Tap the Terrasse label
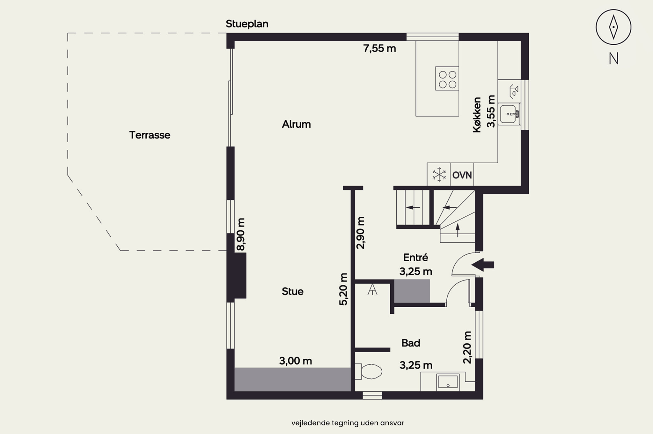[150, 135]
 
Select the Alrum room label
[296, 124]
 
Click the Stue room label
[292, 291]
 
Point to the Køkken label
[477, 115]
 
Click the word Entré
[415, 257]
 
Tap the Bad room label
[411, 343]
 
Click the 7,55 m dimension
[379, 49]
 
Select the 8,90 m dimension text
[240, 234]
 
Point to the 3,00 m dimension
[296, 361]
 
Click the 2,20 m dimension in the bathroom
[467, 348]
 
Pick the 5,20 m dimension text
[343, 289]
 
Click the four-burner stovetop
[447, 79]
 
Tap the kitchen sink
[510, 114]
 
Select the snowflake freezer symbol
[439, 175]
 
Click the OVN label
[462, 175]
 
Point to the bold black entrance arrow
[482, 265]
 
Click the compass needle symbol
[613, 27]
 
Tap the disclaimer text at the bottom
[348, 423]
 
